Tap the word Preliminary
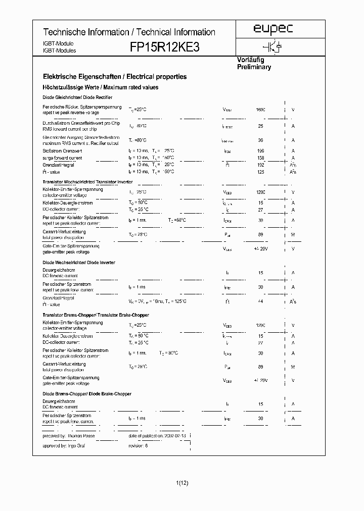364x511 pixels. click(254, 67)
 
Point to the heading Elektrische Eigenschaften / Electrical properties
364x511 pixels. click(115, 77)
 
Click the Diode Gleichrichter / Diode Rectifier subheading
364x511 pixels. click(77, 97)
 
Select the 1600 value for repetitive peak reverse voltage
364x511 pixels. click(260, 110)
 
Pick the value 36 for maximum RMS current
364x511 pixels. click(261, 140)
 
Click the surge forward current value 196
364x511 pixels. click(260, 150)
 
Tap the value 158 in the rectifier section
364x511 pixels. click(260, 158)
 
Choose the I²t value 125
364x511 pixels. click(260, 172)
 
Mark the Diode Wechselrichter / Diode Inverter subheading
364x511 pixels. click(79, 263)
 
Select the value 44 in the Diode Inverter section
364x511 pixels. click(261, 301)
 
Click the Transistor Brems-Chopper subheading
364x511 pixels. click(95, 315)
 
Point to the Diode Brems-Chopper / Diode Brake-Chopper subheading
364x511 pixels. click(87, 394)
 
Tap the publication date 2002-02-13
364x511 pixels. click(174, 435)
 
